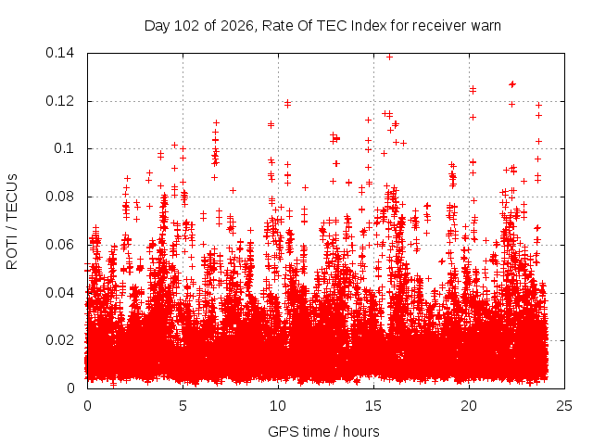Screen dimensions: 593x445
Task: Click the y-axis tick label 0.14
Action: pyautogui.click(x=59, y=53)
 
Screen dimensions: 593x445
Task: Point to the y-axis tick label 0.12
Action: pyautogui.click(x=59, y=101)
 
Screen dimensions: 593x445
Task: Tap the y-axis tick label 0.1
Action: pyautogui.click(x=64, y=148)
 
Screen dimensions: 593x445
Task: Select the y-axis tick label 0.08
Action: pyautogui.click(x=59, y=197)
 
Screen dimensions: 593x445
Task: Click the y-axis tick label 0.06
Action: pyautogui.click(x=59, y=245)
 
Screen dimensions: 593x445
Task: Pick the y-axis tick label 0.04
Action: pyautogui.click(x=59, y=293)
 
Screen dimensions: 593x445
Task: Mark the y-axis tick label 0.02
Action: pyautogui.click(x=59, y=340)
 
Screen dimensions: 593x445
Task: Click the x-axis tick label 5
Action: pyautogui.click(x=183, y=406)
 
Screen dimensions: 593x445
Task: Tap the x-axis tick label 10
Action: pyautogui.click(x=278, y=406)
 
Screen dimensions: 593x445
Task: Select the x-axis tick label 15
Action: pyautogui.click(x=373, y=406)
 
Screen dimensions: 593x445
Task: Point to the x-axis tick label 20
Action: pyautogui.click(x=469, y=406)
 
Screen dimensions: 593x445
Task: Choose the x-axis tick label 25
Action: pyautogui.click(x=564, y=406)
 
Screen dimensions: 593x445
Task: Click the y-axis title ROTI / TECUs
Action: pyautogui.click(x=12, y=222)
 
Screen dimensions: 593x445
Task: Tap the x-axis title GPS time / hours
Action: pyautogui.click(x=323, y=432)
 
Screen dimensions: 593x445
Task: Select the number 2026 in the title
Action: pyautogui.click(x=238, y=26)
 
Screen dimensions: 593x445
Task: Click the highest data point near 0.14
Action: pyautogui.click(x=389, y=57)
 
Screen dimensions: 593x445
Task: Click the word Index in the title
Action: pyautogui.click(x=369, y=26)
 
